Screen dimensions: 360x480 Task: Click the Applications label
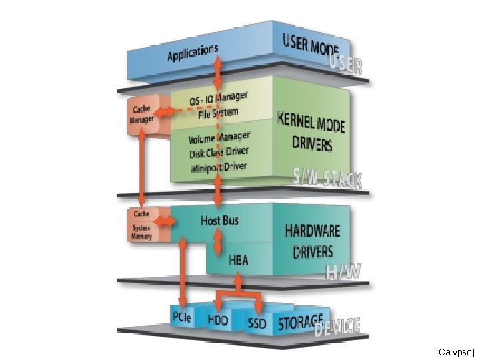click(193, 53)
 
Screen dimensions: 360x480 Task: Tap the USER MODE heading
click(311, 44)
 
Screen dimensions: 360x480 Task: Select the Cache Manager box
click(141, 115)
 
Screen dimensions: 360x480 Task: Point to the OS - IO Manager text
click(218, 100)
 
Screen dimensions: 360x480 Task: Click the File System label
click(218, 113)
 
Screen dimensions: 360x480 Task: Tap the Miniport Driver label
click(218, 167)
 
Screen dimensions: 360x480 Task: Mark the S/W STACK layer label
click(328, 178)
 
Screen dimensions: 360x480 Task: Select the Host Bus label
click(219, 219)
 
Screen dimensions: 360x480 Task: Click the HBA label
click(239, 260)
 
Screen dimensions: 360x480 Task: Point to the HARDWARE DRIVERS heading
click(313, 241)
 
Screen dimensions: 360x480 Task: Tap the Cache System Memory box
click(141, 225)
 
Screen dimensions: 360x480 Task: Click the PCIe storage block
click(182, 318)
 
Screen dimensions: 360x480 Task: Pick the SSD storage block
click(256, 324)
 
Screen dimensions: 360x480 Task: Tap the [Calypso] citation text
click(455, 351)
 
